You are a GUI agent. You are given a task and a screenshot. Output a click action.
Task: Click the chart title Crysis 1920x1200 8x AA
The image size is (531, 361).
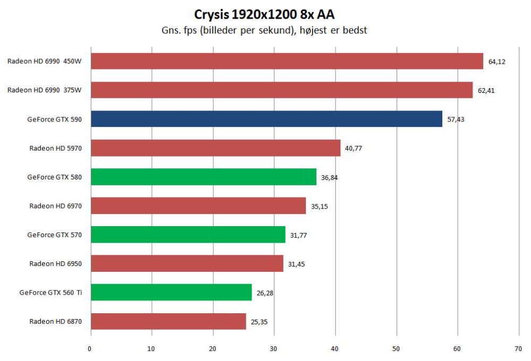click(x=264, y=14)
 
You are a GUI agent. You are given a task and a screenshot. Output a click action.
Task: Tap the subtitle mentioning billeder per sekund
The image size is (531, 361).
click(x=264, y=30)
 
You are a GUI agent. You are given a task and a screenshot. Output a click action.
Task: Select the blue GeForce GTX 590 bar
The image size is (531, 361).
click(x=267, y=119)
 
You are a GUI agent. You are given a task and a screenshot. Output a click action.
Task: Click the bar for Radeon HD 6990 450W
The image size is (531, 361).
click(x=287, y=61)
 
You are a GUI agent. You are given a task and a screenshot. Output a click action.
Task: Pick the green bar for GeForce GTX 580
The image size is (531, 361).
click(x=203, y=177)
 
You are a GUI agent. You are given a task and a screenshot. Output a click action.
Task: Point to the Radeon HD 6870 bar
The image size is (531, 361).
click(x=169, y=321)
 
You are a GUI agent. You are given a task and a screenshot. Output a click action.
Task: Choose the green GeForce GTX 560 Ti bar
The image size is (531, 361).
click(x=172, y=293)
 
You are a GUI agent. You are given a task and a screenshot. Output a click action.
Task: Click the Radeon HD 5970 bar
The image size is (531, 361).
click(x=216, y=148)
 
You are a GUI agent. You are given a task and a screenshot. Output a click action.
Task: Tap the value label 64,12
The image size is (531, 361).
click(x=497, y=62)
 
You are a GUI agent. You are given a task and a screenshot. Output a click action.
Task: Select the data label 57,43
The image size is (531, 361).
click(x=456, y=119)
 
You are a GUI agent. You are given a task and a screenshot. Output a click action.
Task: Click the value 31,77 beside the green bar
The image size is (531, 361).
click(x=298, y=235)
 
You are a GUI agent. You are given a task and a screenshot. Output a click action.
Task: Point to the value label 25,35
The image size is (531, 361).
click(x=259, y=322)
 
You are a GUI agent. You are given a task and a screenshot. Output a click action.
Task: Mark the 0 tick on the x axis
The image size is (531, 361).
click(x=89, y=349)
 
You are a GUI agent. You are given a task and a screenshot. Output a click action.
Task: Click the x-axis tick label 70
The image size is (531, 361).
click(x=518, y=349)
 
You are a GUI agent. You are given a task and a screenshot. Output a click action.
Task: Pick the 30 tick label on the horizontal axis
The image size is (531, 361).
click(x=273, y=349)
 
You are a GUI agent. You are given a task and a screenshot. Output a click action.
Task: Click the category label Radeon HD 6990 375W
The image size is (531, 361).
click(x=45, y=90)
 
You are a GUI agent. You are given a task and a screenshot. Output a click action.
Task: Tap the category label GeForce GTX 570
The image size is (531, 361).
click(x=55, y=235)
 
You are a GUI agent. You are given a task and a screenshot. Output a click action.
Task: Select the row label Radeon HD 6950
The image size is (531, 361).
click(x=56, y=263)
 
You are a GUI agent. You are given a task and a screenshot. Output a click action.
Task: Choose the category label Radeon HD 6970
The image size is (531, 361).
click(x=56, y=206)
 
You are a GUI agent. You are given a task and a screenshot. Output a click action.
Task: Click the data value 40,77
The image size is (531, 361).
click(x=354, y=148)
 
